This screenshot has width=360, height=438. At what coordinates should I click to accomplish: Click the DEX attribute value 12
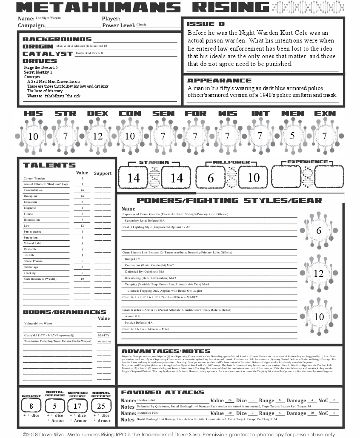tap(98, 136)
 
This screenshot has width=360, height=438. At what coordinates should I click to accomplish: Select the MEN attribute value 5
tap(292, 136)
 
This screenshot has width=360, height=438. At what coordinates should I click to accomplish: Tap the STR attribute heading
tap(65, 114)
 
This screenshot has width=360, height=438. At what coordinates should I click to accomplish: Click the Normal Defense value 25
tap(101, 406)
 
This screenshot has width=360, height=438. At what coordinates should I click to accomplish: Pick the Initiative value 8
tap(31, 406)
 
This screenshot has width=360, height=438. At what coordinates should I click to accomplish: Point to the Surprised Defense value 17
tap(77, 406)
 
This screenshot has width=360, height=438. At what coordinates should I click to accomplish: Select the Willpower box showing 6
tap(211, 178)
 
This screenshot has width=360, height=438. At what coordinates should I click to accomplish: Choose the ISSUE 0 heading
tap(206, 24)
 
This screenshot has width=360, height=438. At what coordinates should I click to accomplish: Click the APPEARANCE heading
tap(219, 80)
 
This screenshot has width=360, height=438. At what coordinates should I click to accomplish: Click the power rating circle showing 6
tap(319, 231)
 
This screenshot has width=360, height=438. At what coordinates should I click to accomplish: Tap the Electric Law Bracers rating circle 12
tap(319, 273)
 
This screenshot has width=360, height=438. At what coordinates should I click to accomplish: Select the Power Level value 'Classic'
tap(141, 25)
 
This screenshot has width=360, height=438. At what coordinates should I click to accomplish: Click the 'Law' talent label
tap(27, 226)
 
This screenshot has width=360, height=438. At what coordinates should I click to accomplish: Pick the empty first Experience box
tap(286, 177)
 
